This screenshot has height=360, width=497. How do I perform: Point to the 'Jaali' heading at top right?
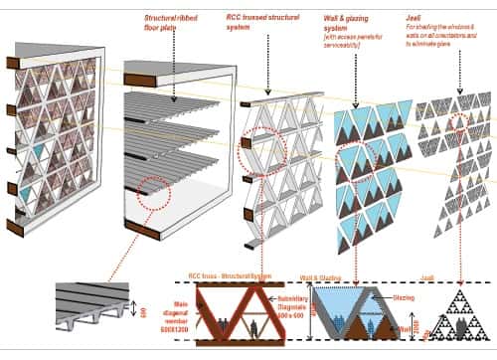point(441,17)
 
